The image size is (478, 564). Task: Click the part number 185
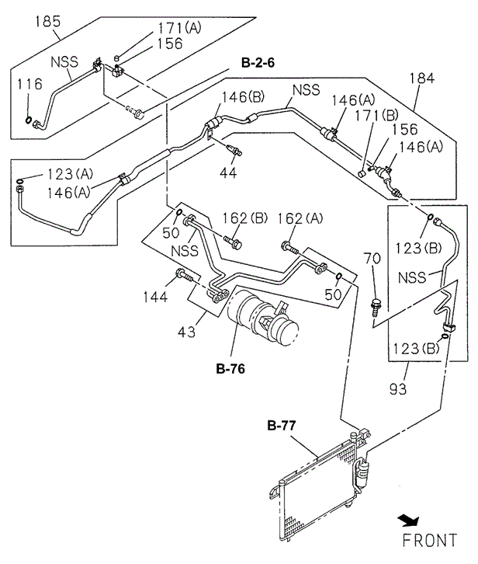click(48, 22)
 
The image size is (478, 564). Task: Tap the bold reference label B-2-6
click(258, 63)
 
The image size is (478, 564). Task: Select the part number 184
click(422, 78)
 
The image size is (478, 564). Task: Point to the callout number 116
click(29, 84)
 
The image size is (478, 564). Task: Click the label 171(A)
click(180, 28)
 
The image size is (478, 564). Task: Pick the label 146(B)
click(243, 97)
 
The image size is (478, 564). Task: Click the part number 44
click(228, 172)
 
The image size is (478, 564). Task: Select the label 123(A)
click(70, 175)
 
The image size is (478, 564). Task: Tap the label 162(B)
click(244, 218)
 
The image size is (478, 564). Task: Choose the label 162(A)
click(300, 218)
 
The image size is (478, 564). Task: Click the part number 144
click(155, 297)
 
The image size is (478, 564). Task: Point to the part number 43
click(186, 332)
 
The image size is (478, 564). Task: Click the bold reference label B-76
click(230, 369)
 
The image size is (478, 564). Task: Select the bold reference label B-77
click(282, 426)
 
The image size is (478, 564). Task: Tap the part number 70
click(372, 258)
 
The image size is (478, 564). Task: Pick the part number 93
click(398, 389)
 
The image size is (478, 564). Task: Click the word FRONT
click(429, 541)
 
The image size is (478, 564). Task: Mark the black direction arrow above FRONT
click(409, 520)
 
